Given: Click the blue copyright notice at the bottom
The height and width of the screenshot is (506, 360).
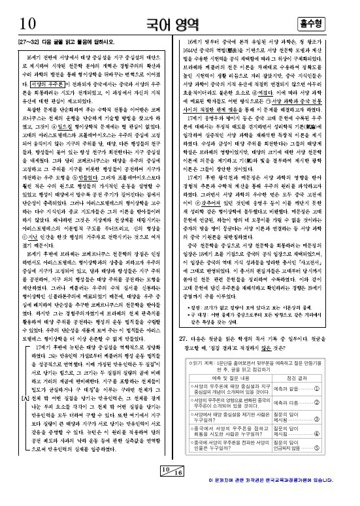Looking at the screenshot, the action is click(x=280, y=499).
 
